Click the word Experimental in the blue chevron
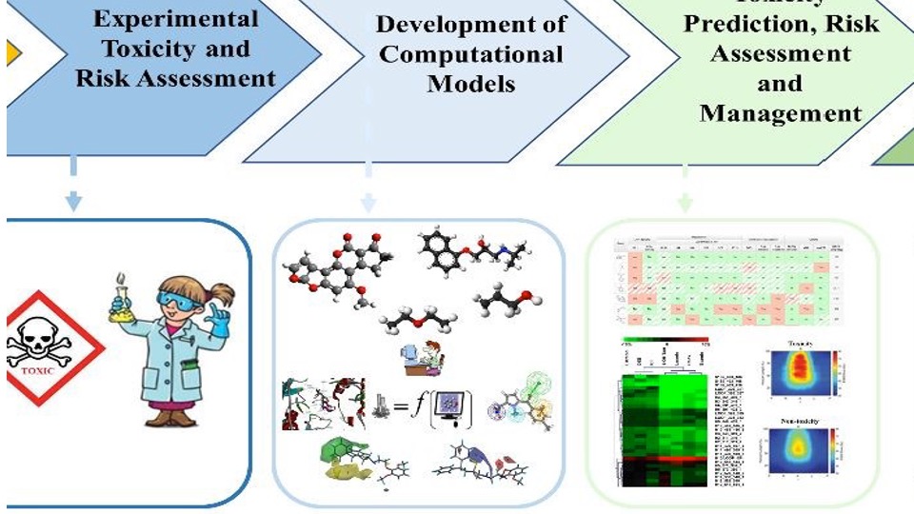click(x=175, y=19)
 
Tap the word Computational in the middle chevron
click(x=471, y=53)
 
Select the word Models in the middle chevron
click(x=471, y=84)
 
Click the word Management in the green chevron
click(x=780, y=113)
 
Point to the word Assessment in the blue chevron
click(x=217, y=78)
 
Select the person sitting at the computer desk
click(x=417, y=360)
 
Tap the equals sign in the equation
click(x=401, y=407)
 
